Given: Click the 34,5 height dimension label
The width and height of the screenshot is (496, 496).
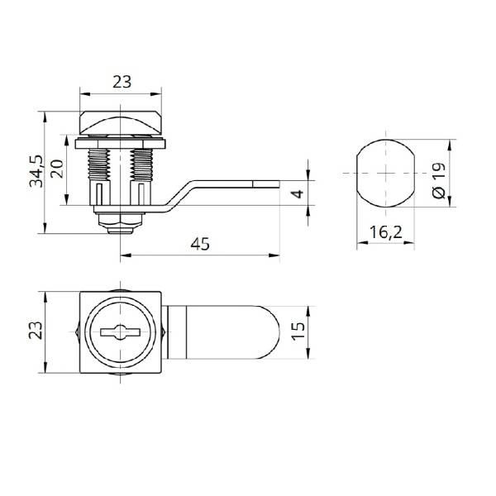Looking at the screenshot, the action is (36, 171).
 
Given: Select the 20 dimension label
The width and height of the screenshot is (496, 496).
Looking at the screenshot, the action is (57, 169).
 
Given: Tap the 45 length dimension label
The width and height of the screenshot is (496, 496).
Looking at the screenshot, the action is (200, 244).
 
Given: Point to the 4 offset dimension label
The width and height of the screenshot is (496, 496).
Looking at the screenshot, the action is (298, 193).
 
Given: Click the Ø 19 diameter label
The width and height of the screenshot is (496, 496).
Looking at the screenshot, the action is (439, 180).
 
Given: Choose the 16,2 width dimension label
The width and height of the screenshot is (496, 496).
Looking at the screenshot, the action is (385, 232).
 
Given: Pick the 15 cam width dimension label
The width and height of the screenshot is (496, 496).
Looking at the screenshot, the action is (298, 331).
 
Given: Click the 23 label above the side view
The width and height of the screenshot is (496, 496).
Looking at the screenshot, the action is (122, 82).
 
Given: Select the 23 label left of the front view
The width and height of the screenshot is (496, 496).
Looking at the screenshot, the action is (36, 330).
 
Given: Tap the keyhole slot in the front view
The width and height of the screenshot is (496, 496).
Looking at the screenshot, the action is (120, 332).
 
